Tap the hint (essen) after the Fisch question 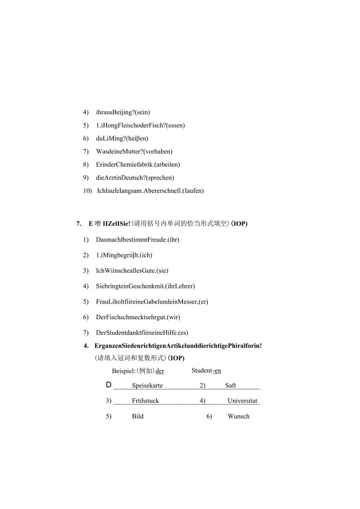point(175,126)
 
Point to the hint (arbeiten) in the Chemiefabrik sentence point(167,165)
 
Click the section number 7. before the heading point(79,224)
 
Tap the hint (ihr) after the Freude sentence point(173,240)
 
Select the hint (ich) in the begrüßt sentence point(146,255)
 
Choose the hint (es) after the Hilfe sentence point(183,333)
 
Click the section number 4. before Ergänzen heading point(86,346)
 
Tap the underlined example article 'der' point(160,371)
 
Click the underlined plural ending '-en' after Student point(217,371)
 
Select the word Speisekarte point(147,386)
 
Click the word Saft point(230,386)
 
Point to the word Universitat point(243,401)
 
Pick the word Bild point(138,417)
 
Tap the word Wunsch point(238,417)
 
